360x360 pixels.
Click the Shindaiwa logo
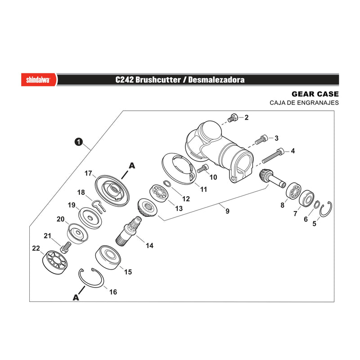(38, 80)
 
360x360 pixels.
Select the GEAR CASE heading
(315, 94)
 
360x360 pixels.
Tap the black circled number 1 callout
(78, 142)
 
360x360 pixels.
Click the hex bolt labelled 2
(233, 117)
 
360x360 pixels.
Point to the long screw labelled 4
(273, 155)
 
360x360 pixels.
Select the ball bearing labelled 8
(293, 191)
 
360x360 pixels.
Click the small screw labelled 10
(203, 168)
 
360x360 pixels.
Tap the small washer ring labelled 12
(167, 183)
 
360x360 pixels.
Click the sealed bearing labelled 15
(108, 257)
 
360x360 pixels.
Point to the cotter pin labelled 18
(99, 206)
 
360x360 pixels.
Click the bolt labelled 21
(66, 247)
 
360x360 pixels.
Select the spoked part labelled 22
(55, 262)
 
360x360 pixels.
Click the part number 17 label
(88, 173)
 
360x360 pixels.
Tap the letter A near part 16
(76, 297)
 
